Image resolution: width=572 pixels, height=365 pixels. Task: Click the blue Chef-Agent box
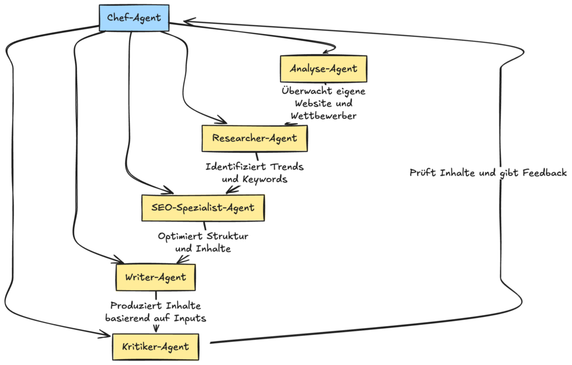point(134,18)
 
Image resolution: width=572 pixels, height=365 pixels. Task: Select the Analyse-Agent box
point(323,69)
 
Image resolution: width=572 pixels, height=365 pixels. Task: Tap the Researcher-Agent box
point(254,138)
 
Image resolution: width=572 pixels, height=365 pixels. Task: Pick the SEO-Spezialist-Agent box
point(202,208)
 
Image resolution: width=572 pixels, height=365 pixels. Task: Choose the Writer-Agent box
point(155,277)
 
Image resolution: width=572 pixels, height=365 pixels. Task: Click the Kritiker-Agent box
point(155,347)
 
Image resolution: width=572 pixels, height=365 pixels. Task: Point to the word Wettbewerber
point(323,116)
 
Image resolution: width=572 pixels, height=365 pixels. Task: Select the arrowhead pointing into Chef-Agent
point(188,23)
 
